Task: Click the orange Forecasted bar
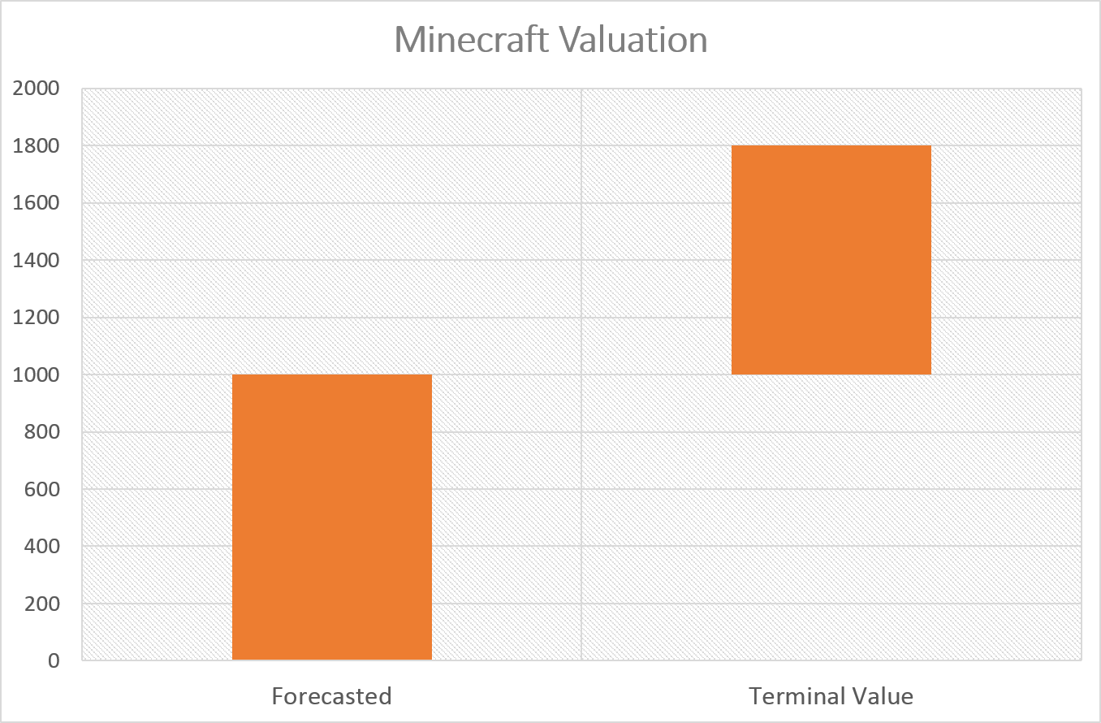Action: [x=331, y=517]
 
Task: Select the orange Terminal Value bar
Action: [x=831, y=260]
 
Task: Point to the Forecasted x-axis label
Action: [x=331, y=696]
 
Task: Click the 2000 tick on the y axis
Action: [x=37, y=89]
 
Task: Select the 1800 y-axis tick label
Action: [x=37, y=146]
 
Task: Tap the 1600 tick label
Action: [x=37, y=203]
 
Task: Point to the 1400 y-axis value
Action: [x=37, y=261]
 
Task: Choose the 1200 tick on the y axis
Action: [x=37, y=318]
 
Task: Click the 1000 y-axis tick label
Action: [x=37, y=374]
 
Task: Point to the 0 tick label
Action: [x=54, y=660]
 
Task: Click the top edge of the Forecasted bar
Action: [x=331, y=375]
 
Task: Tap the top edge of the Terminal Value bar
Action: [x=831, y=146]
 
